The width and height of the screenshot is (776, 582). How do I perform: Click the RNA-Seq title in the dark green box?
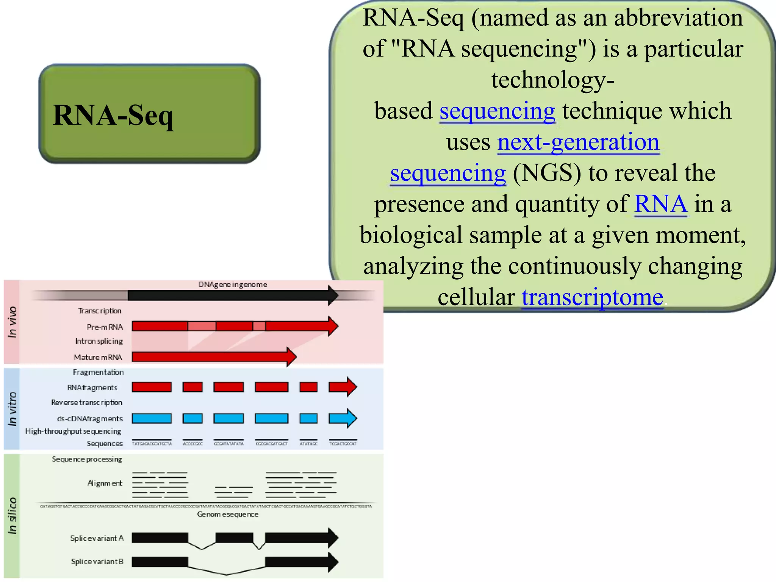(113, 115)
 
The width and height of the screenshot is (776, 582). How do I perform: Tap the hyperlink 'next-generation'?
(578, 142)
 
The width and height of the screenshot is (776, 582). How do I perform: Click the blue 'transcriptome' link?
(592, 297)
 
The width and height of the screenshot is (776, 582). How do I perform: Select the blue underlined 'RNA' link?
(660, 204)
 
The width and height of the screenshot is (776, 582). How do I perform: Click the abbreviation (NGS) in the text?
(546, 173)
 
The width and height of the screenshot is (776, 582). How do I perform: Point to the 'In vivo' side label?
(12, 322)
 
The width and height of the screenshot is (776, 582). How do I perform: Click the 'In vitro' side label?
(12, 409)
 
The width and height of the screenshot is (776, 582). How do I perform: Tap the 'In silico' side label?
(12, 515)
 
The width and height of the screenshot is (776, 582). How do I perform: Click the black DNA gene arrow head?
(333, 296)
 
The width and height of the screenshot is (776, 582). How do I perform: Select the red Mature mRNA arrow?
(212, 357)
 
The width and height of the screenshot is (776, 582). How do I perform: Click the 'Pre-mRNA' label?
(105, 327)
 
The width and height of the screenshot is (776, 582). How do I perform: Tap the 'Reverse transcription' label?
(87, 402)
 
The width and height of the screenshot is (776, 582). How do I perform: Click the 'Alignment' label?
(105, 483)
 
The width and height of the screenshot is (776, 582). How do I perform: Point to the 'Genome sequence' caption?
(227, 515)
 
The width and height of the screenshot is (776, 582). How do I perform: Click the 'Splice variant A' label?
(97, 538)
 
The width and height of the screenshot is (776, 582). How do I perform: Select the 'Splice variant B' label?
(97, 562)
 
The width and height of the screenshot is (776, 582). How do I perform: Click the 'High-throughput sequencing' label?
(73, 431)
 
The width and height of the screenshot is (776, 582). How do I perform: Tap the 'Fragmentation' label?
(98, 372)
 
